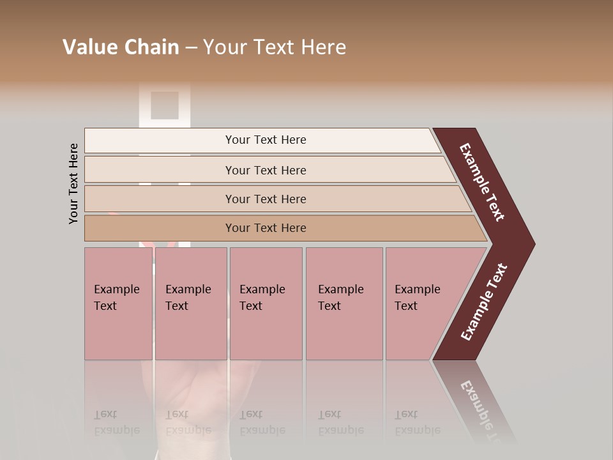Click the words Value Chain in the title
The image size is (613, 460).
(x=121, y=47)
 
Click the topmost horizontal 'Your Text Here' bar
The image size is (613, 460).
(x=265, y=140)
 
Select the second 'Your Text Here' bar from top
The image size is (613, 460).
(x=265, y=170)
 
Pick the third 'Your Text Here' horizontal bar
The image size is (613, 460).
(x=265, y=199)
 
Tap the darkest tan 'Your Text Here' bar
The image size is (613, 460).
(x=265, y=228)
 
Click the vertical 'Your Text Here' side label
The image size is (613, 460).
(x=73, y=183)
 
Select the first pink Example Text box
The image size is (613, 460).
(x=118, y=303)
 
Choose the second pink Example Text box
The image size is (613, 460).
(x=190, y=303)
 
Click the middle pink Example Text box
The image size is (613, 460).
(x=266, y=303)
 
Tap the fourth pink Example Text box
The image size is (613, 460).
(x=344, y=303)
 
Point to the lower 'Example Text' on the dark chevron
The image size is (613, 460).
(x=484, y=302)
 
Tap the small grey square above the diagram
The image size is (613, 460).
(x=164, y=105)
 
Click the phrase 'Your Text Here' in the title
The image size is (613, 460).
(x=275, y=47)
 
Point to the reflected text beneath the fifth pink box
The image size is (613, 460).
(x=416, y=422)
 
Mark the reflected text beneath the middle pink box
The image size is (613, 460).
(x=261, y=422)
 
